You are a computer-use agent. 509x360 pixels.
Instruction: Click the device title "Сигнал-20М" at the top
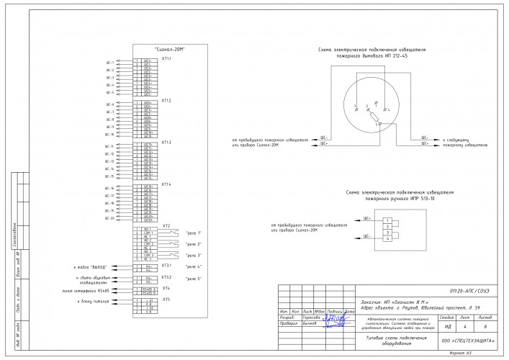[170, 49]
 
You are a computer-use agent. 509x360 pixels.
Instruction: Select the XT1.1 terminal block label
[166, 58]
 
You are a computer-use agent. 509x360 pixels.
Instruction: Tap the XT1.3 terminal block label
[166, 143]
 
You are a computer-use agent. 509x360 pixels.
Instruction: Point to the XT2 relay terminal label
[166, 225]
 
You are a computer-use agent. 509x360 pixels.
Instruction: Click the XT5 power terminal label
[166, 299]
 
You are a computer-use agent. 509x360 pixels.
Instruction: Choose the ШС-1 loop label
[109, 63]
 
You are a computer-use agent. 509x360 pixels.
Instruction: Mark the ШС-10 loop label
[109, 134]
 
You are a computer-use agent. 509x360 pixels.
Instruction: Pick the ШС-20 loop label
[109, 218]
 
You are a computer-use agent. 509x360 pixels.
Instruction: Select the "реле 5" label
[194, 278]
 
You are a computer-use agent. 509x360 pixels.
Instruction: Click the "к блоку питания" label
[93, 301]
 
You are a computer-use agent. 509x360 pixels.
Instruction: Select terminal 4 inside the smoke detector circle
[387, 110]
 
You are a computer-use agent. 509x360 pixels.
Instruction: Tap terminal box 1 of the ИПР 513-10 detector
[387, 220]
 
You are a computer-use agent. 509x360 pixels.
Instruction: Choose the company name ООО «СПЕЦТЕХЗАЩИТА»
[466, 338]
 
